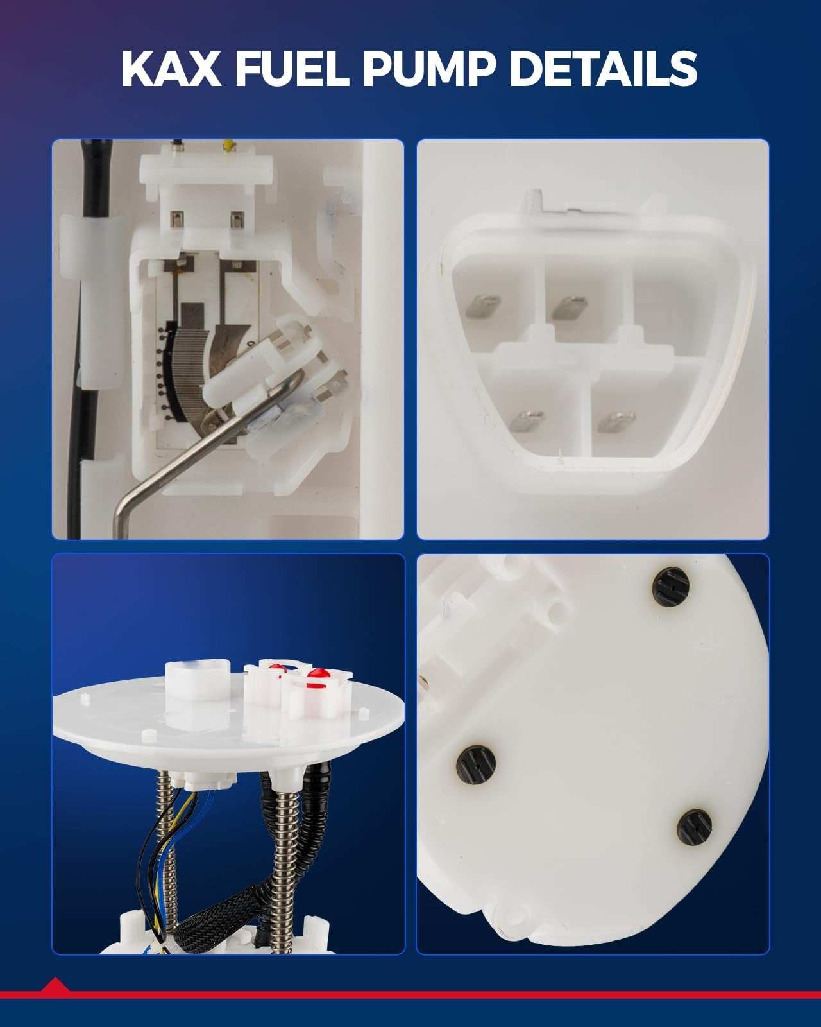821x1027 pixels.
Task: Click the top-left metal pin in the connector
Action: click(483, 306)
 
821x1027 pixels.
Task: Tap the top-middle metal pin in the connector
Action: click(570, 307)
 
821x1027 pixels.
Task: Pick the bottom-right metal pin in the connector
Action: click(616, 422)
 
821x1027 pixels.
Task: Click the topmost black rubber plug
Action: click(671, 587)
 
